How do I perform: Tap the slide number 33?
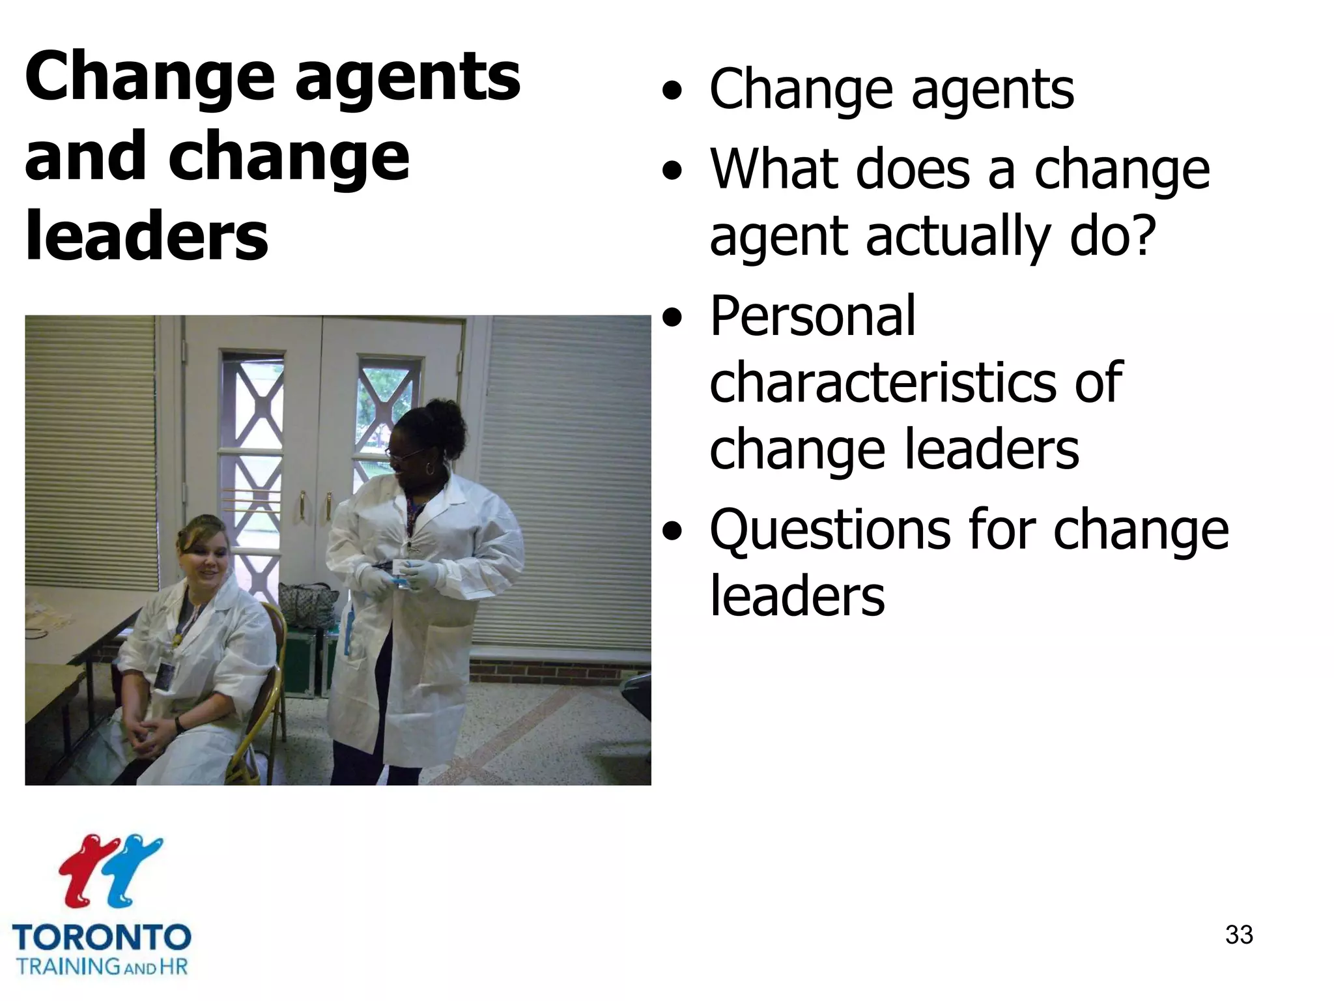tap(1239, 935)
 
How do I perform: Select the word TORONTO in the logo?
tap(102, 937)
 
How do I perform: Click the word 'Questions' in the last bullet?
tap(829, 530)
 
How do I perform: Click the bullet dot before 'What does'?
tap(672, 171)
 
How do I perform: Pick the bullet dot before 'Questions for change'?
tap(672, 532)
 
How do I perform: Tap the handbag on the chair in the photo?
tap(306, 603)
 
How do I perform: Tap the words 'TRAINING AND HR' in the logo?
tap(102, 966)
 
